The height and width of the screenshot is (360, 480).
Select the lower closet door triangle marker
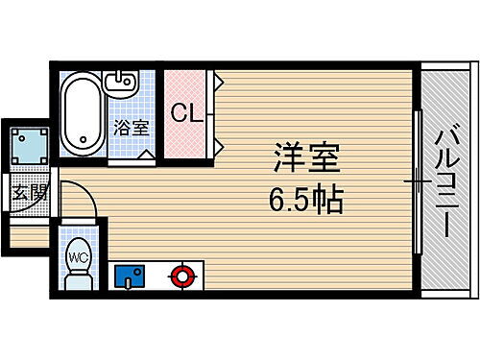pyautogui.click(x=220, y=146)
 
